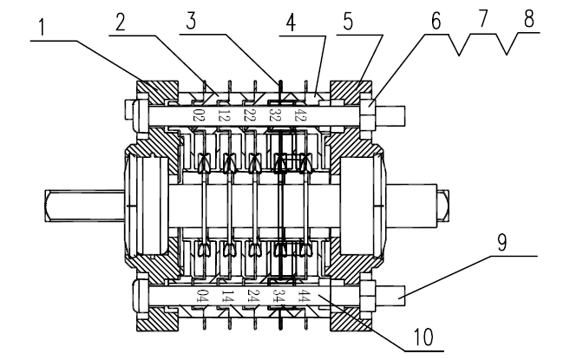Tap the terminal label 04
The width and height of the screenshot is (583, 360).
coord(201,298)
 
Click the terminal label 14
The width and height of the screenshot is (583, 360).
coord(227,298)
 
